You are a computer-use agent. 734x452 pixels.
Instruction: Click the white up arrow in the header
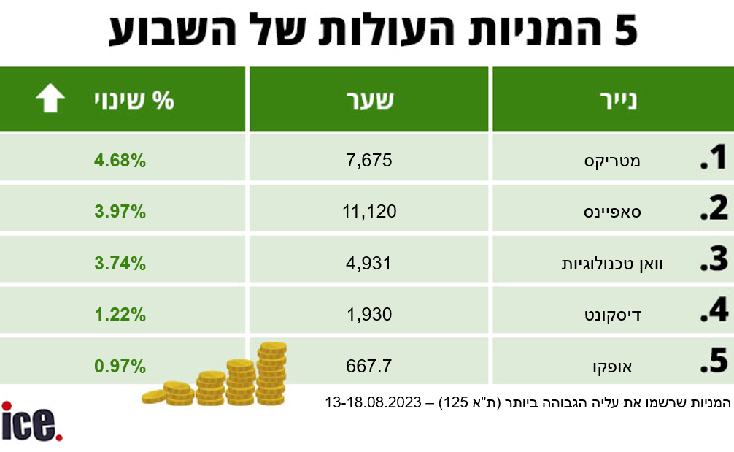50,99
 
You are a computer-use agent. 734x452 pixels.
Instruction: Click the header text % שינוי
134,99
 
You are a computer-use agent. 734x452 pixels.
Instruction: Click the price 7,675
369,160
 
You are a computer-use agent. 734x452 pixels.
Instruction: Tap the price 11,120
369,212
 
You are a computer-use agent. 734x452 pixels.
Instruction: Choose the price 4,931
369,263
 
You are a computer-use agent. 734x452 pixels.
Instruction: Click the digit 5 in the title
621,31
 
